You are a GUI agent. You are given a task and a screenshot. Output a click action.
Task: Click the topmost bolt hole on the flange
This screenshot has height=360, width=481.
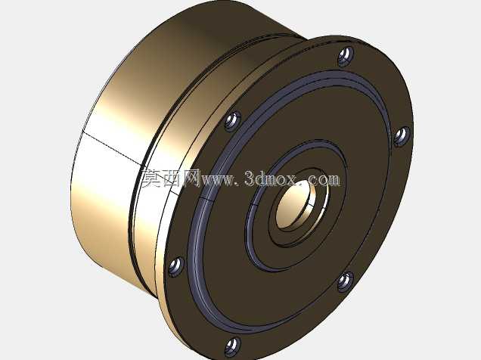(346, 56)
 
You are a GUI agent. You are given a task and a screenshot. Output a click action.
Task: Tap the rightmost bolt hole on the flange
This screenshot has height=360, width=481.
(402, 136)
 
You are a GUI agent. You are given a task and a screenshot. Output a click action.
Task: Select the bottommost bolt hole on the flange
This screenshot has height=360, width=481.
(233, 346)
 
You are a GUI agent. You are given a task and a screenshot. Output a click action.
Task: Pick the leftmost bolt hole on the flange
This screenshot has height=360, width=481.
(176, 266)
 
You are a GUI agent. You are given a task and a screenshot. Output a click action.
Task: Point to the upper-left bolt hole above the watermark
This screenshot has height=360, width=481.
(232, 121)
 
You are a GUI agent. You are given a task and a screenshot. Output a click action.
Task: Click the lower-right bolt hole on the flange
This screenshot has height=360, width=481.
(346, 282)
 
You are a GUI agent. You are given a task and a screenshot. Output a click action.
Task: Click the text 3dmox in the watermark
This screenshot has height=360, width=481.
(270, 178)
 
